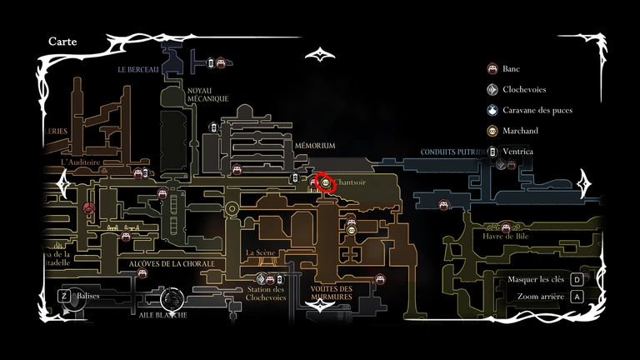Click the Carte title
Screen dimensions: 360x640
click(63, 41)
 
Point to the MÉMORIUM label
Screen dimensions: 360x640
click(315, 145)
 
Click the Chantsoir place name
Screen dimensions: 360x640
click(350, 182)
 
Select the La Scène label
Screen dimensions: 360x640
click(261, 252)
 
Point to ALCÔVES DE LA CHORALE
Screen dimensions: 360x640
click(172, 264)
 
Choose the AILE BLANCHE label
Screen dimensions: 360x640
click(163, 315)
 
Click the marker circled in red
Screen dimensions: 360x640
click(325, 182)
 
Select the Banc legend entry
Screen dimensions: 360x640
click(511, 68)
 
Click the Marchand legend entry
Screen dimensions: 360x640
click(520, 131)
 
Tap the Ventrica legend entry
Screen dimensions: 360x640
click(517, 152)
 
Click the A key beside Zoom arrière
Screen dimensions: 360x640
click(577, 296)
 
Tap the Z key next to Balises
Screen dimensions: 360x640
click(63, 295)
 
